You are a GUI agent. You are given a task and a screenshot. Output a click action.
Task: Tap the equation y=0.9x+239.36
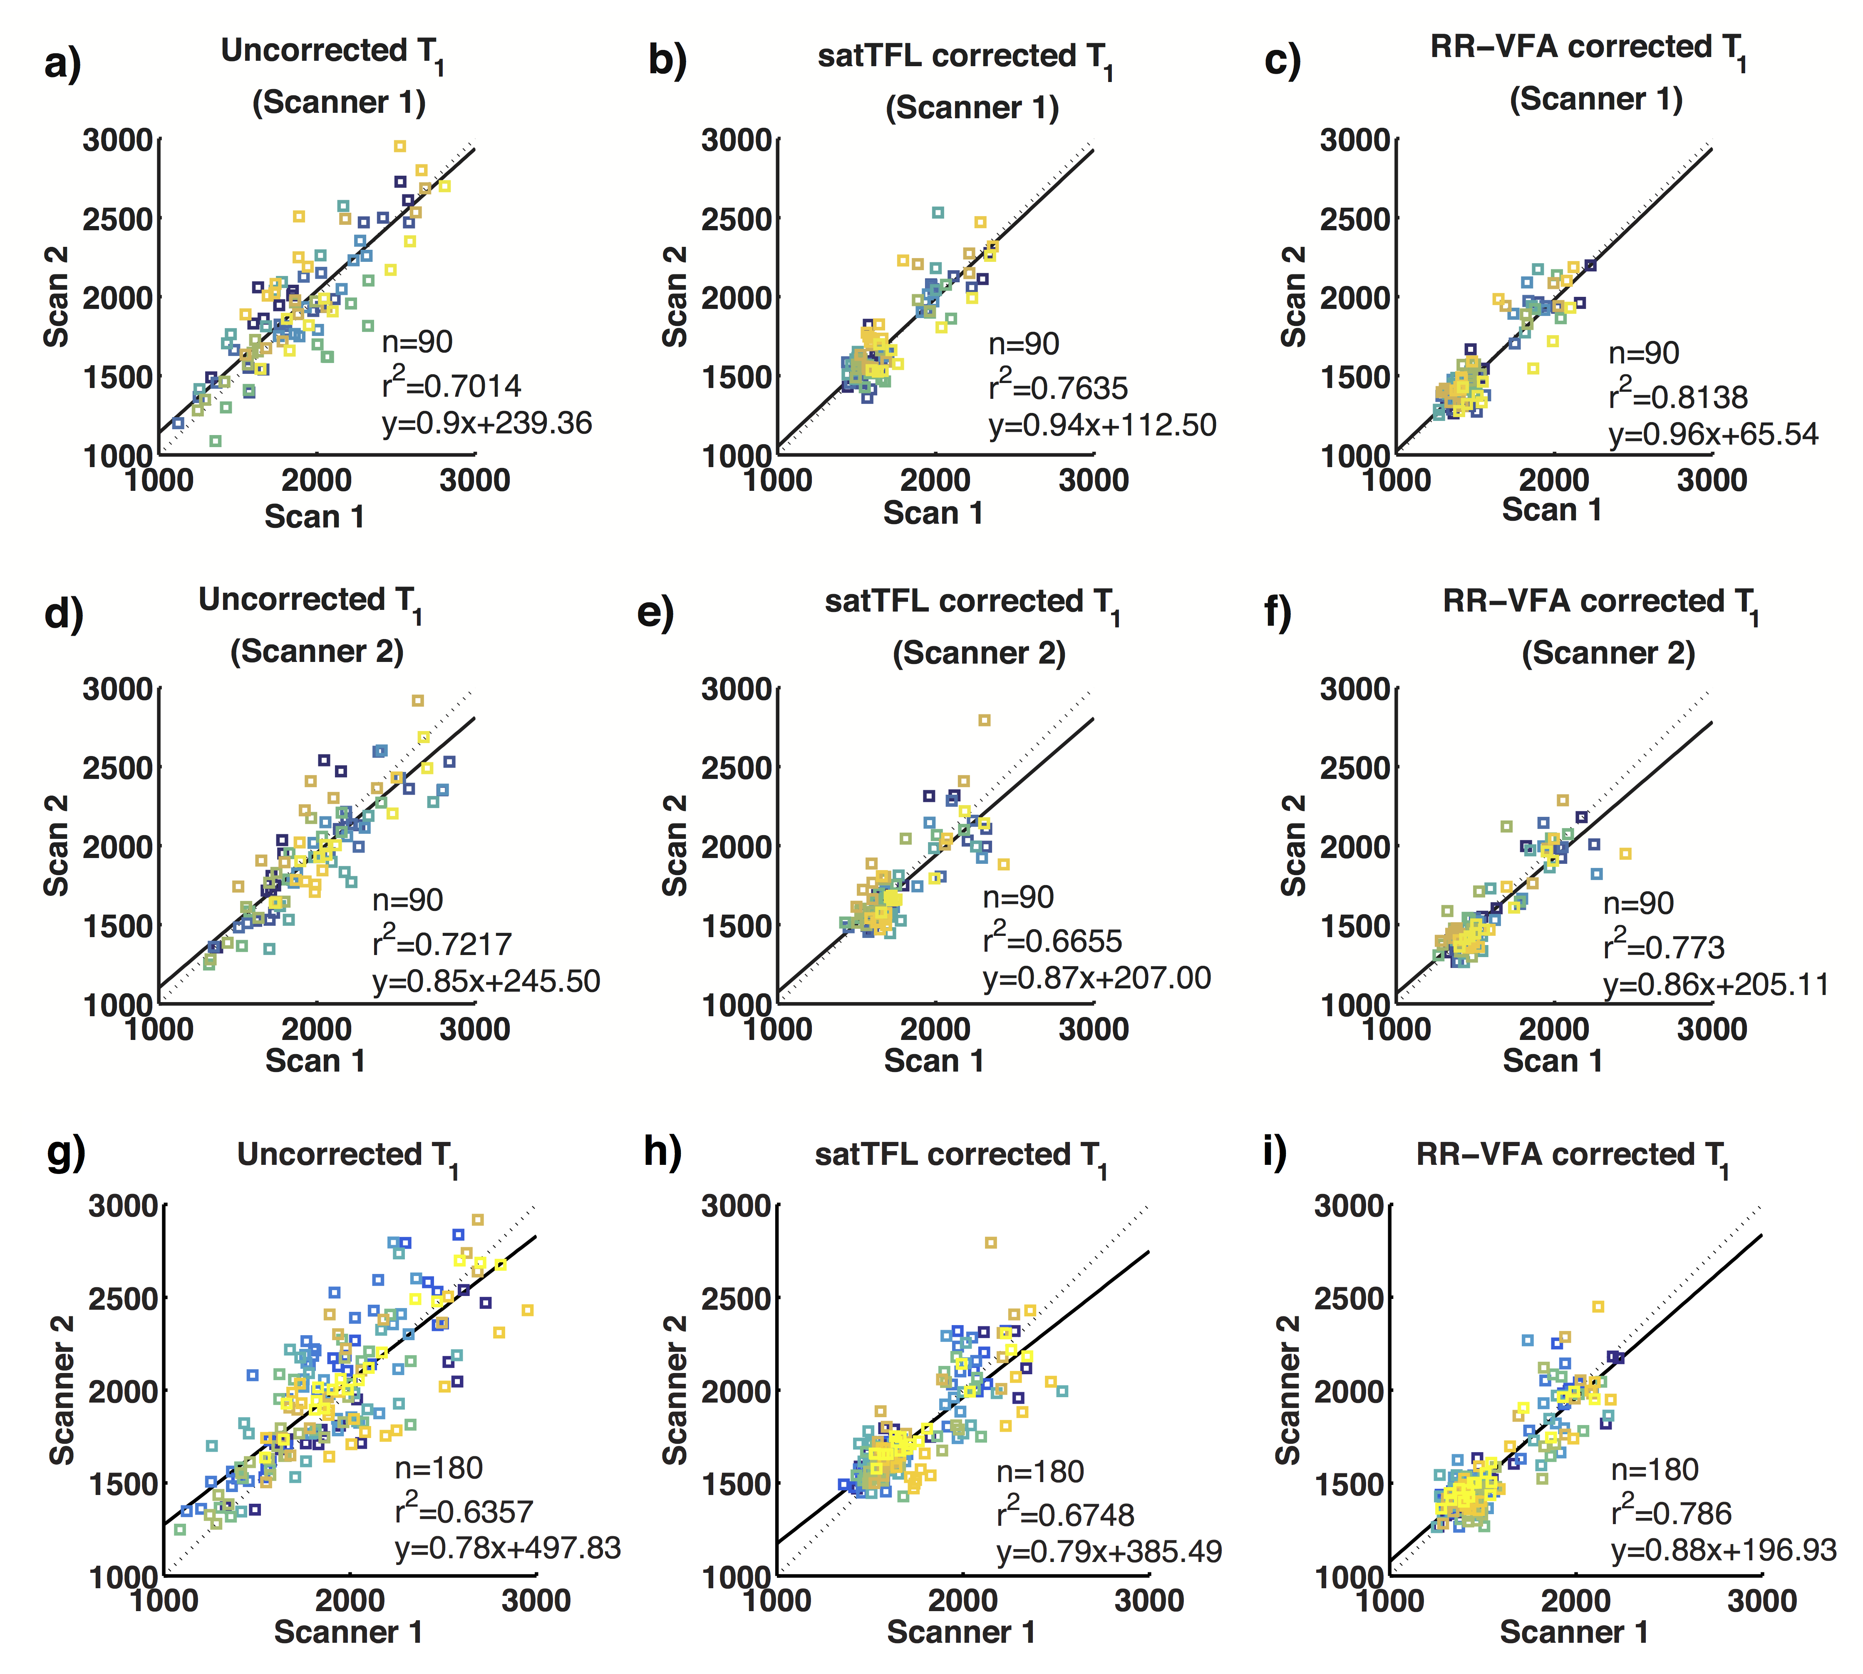click(x=486, y=423)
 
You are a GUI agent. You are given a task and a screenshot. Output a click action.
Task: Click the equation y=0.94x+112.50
click(x=1101, y=425)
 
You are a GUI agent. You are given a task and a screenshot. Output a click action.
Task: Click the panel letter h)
click(x=662, y=1152)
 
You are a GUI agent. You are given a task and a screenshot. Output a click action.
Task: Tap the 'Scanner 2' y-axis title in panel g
click(x=62, y=1390)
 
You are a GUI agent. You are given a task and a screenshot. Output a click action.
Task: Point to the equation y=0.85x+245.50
click(x=486, y=980)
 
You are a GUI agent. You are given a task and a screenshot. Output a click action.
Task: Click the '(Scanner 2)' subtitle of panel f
click(x=1607, y=653)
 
